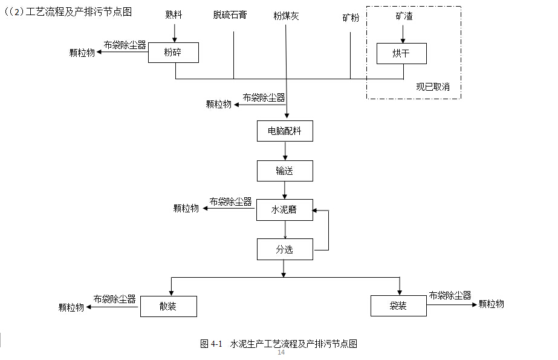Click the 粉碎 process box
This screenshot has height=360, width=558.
coord(174,53)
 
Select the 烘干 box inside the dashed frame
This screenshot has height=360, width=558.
coord(401,53)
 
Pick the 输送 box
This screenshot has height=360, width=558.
coord(285,171)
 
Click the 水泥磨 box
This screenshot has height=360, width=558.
coord(285,210)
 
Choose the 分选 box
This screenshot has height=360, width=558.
coord(285,249)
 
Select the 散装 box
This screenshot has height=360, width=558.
coord(169,306)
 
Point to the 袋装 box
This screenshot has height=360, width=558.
coord(398,306)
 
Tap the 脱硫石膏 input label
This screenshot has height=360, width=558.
coord(230,15)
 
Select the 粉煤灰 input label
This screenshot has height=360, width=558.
coord(286,16)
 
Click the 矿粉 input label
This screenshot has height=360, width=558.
coord(351,18)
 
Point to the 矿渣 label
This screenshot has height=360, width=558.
coord(403,16)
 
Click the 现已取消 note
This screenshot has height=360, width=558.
coord(432,87)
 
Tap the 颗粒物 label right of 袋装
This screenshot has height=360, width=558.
coord(491,304)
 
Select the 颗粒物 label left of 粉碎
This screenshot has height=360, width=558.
coord(82,53)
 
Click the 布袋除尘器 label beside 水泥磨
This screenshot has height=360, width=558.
coord(230,201)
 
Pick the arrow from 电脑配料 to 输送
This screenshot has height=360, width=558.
coord(285,151)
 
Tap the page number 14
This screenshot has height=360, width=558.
coord(281,353)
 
